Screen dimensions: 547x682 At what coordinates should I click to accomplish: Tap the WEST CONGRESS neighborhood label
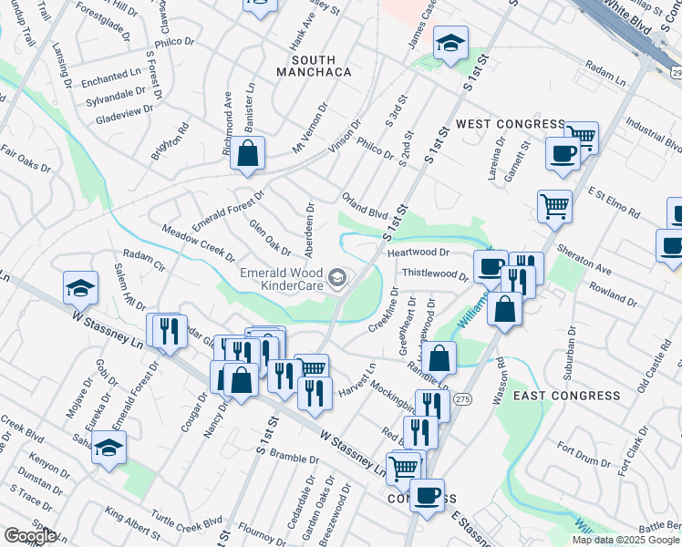point(511,124)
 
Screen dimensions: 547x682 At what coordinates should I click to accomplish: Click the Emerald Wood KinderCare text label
point(283,279)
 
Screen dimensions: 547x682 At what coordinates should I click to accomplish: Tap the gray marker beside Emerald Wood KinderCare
point(338,278)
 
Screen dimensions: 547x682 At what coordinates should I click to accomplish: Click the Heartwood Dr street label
point(418,253)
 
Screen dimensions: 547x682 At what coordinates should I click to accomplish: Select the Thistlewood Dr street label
point(434,273)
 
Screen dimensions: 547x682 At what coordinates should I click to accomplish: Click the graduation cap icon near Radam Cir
point(80,288)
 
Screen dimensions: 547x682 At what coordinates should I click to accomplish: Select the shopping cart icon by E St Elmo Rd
point(553,207)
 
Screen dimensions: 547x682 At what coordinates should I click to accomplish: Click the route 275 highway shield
point(463,374)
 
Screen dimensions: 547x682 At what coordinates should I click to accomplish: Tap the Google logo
point(30,536)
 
